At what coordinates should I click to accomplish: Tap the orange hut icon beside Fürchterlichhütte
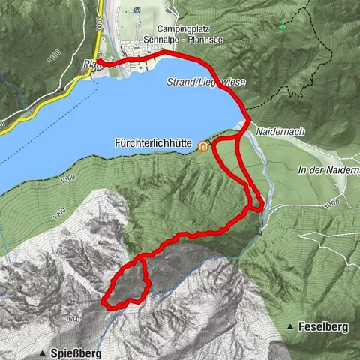point(203,147)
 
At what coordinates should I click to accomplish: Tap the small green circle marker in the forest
point(283,27)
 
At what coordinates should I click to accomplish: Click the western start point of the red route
point(98,62)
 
